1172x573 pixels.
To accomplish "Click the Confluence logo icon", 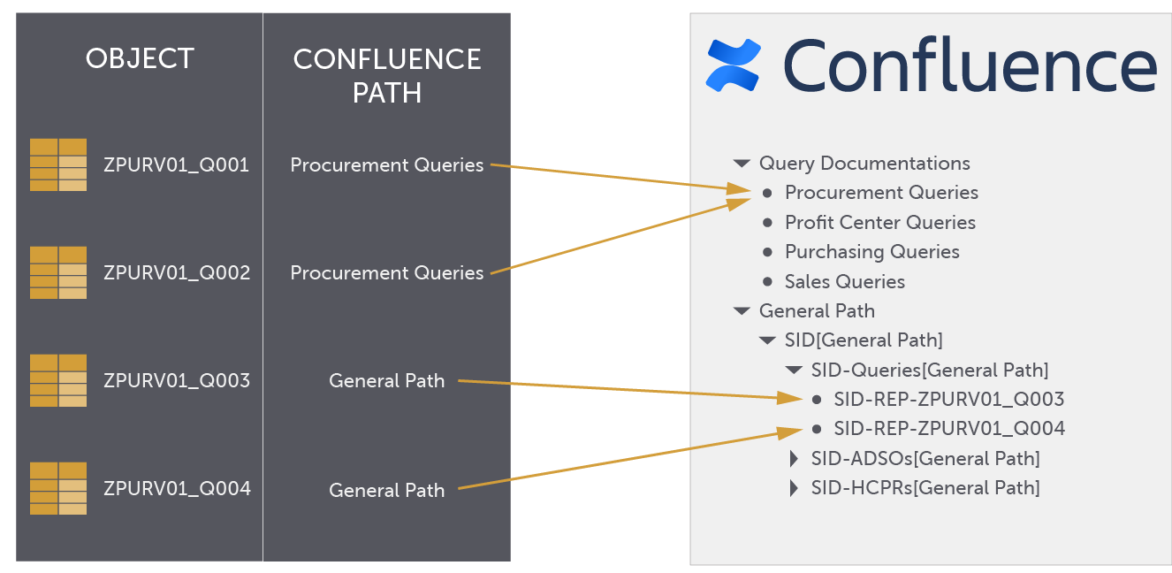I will [734, 65].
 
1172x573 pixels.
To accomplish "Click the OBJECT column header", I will [140, 59].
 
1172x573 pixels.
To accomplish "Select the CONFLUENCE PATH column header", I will [387, 75].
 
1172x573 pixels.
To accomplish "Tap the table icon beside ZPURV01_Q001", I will [58, 164].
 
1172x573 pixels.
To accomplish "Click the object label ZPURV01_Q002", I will [177, 272].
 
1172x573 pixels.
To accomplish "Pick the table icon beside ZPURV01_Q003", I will [58, 380].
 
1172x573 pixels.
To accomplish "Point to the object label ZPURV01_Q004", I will [177, 488].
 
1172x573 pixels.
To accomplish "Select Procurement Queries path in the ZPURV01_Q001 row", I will [387, 165].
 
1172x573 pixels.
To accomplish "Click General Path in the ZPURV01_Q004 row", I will [387, 489].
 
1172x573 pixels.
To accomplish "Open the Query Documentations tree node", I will [864, 164].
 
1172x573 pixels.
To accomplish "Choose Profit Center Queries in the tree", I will [879, 223].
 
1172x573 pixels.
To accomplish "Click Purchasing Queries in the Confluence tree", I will [871, 252].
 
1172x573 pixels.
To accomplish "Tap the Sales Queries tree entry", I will [844, 282].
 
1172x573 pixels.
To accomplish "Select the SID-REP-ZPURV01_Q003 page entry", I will [948, 399].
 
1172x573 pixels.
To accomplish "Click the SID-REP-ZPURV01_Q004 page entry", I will [948, 429].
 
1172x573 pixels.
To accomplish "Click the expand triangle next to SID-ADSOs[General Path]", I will [794, 459].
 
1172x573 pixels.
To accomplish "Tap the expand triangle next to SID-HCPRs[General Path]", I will [794, 488].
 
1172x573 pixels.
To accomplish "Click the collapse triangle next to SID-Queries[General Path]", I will [793, 371].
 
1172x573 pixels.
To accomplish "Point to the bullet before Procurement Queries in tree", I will [767, 193].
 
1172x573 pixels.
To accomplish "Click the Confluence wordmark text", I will [970, 65].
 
